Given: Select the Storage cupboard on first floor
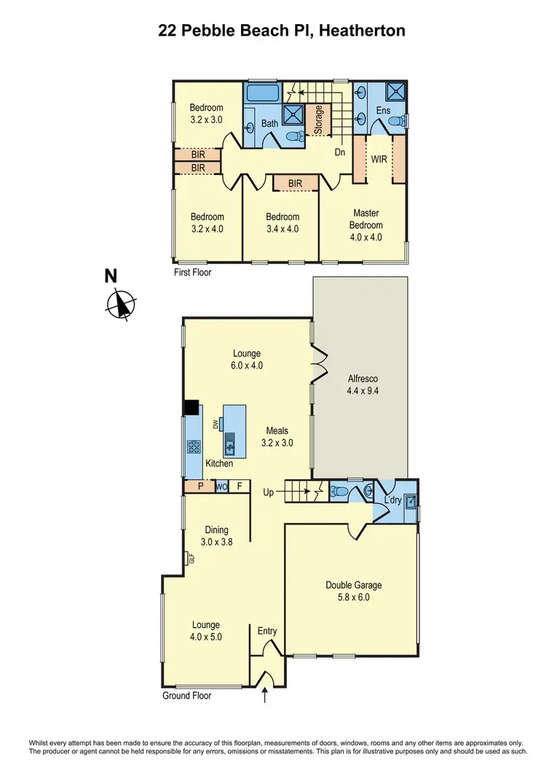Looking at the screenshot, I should point(318,120).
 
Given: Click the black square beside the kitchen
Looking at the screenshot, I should point(191,408).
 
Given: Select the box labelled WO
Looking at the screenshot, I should point(221,487).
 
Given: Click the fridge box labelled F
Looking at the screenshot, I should point(240,487).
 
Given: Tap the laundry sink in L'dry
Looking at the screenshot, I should point(411,501).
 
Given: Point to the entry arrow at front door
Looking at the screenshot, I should point(264,697).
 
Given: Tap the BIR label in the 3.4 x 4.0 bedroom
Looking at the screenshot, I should point(295,182).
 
